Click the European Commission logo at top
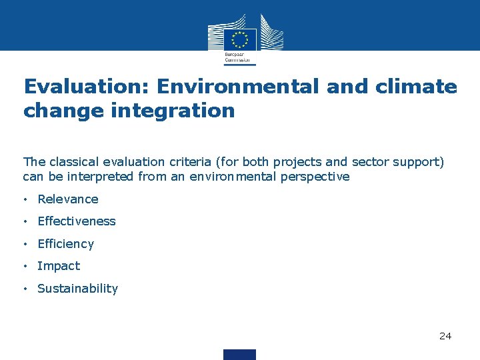[x=240, y=39]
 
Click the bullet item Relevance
[x=68, y=199]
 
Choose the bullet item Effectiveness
[x=77, y=221]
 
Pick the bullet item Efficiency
[x=66, y=244]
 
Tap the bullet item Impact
[x=59, y=266]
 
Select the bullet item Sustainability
[x=77, y=289]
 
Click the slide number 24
[x=445, y=336]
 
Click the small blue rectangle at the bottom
[x=239, y=354]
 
